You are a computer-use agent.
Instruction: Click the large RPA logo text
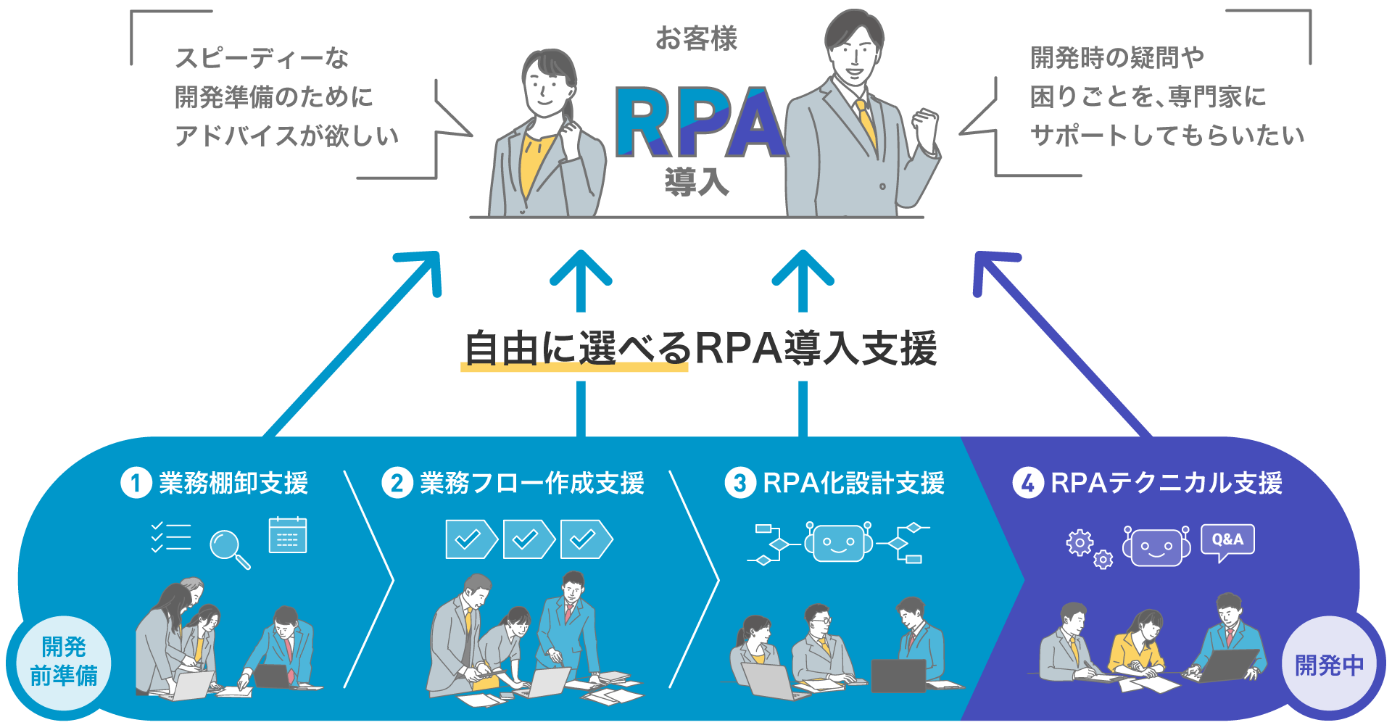click(x=700, y=123)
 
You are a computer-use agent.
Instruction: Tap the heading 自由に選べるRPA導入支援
click(x=700, y=348)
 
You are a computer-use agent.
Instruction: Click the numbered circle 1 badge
click(x=136, y=483)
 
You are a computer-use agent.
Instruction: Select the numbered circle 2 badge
click(x=397, y=483)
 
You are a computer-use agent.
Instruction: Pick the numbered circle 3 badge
click(x=739, y=483)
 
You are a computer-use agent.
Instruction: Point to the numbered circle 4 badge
click(x=1027, y=483)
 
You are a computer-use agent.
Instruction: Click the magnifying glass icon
click(x=228, y=547)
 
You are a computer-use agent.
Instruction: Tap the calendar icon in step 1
click(x=287, y=535)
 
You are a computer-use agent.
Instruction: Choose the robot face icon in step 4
click(x=1156, y=546)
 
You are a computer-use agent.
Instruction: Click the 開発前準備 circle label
click(x=64, y=662)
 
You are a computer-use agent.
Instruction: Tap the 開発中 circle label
click(x=1329, y=663)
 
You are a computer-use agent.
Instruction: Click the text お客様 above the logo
click(x=696, y=38)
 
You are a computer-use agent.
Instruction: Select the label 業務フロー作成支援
click(x=531, y=483)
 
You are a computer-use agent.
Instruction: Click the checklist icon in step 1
click(x=171, y=537)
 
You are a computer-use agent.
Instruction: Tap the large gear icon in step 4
click(x=1080, y=543)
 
